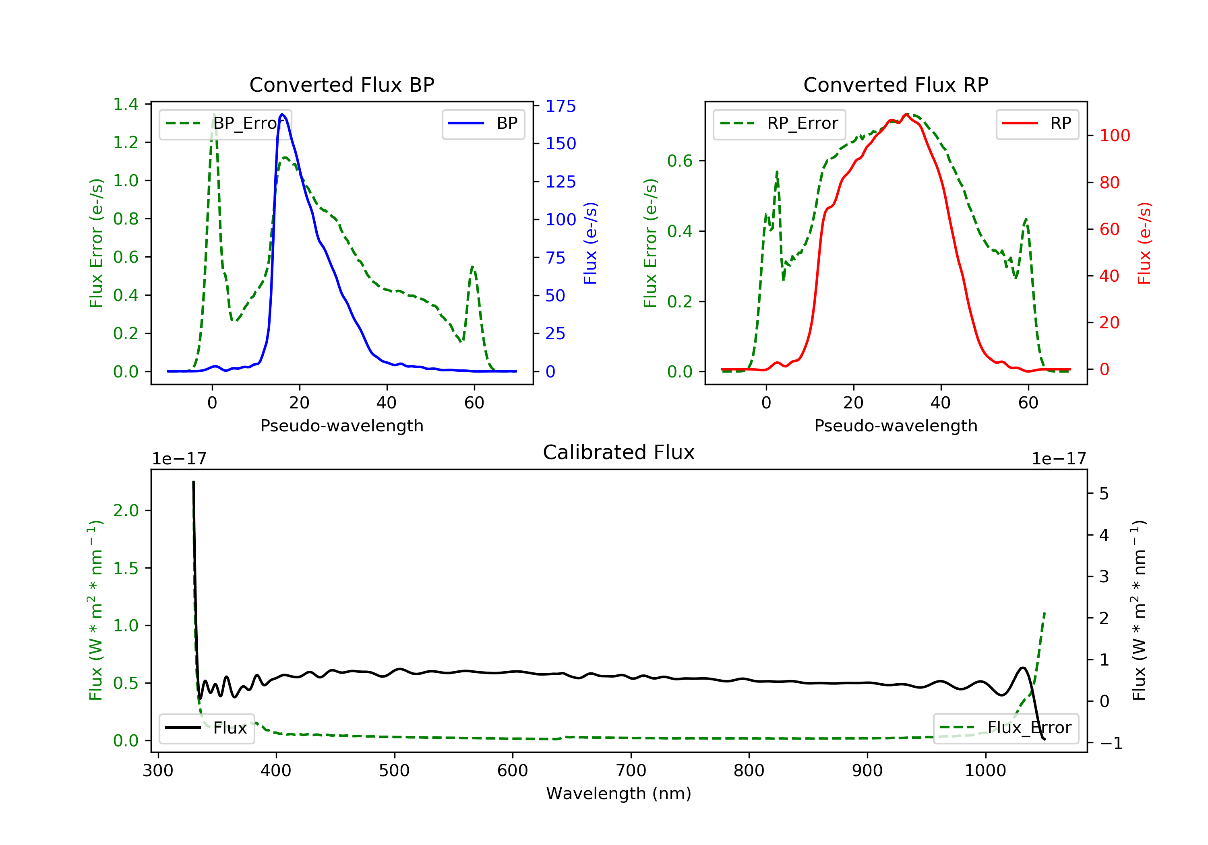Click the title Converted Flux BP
341,84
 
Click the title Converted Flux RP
896,84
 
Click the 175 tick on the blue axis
561,106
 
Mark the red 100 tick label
1114,136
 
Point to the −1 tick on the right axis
1111,743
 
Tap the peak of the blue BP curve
283,114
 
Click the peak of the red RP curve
906,114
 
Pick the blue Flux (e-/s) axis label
590,243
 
